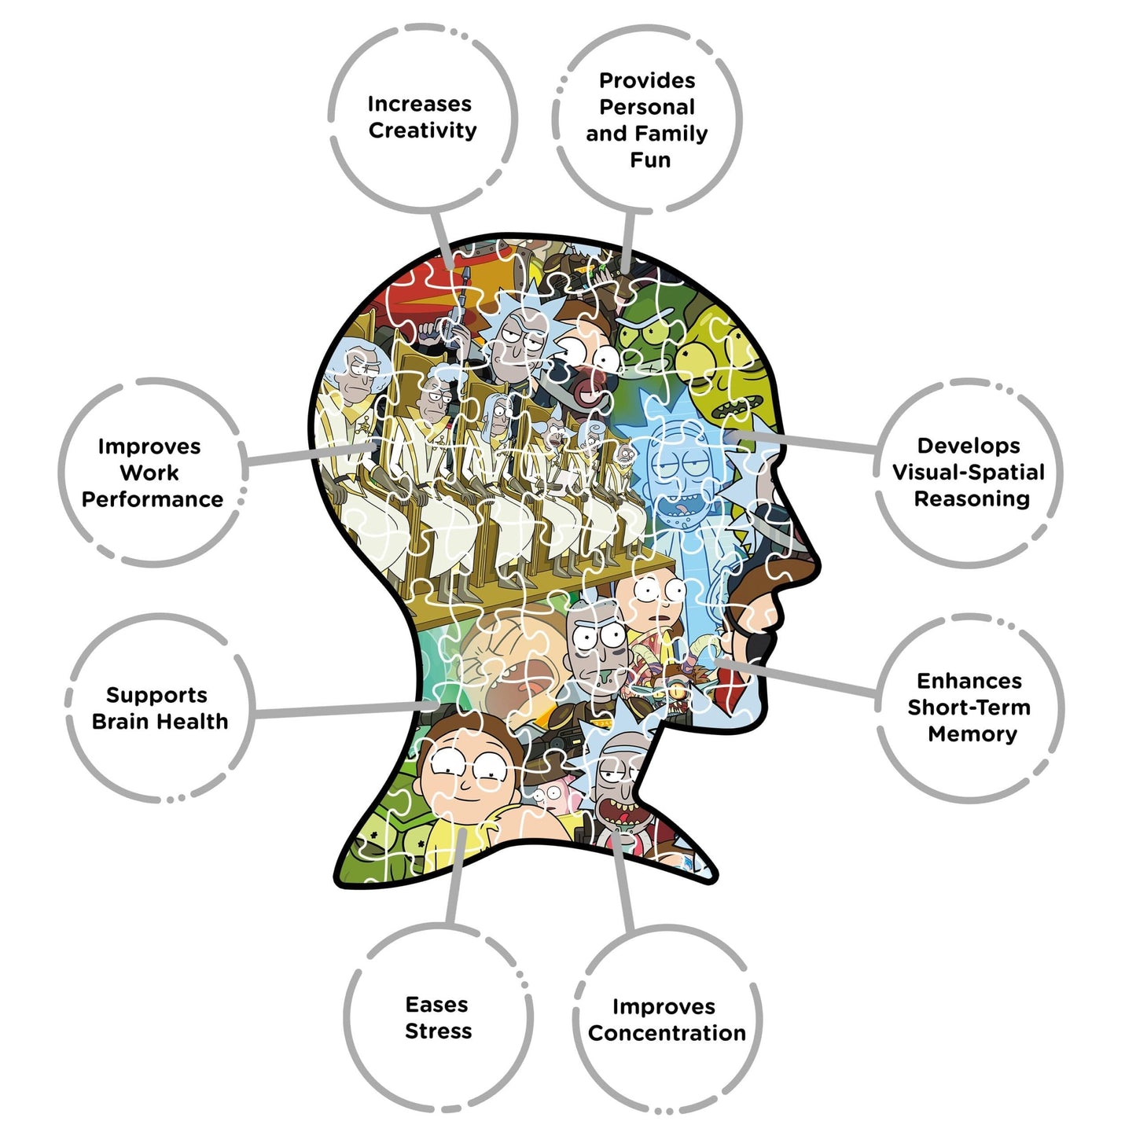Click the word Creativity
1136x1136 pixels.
pyautogui.click(x=422, y=131)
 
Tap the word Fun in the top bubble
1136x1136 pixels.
pyautogui.click(x=650, y=160)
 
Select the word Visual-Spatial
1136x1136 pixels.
pyautogui.click(x=968, y=472)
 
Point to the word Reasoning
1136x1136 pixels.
pyautogui.click(x=972, y=499)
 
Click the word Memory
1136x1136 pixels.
pyautogui.click(x=972, y=734)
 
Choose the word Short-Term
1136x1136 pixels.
pyautogui.click(x=969, y=707)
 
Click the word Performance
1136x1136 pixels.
pyautogui.click(x=152, y=499)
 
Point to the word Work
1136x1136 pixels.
pyautogui.click(x=149, y=472)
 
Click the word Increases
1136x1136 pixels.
pyautogui.click(x=419, y=104)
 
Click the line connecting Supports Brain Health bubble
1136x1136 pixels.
pyautogui.click(x=345, y=709)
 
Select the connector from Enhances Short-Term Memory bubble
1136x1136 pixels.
pyautogui.click(x=797, y=678)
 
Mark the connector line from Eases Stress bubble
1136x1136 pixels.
pyautogui.click(x=455, y=877)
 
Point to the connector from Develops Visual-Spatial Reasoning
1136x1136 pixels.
pyautogui.click(x=803, y=442)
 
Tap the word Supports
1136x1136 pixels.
pyautogui.click(x=156, y=696)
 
